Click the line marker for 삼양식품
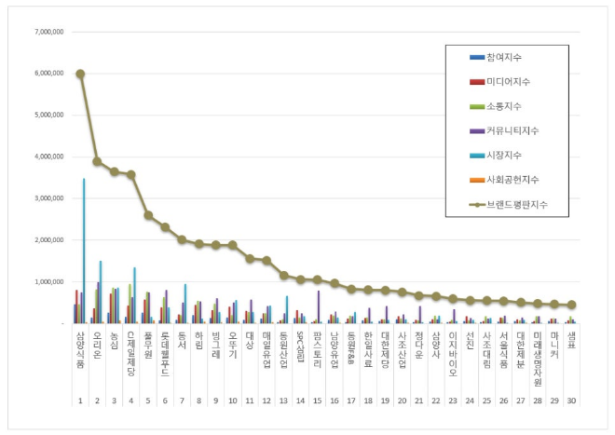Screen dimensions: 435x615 80,74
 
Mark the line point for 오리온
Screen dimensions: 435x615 97,161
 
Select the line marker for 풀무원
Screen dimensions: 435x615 148,215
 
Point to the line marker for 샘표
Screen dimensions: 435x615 571,305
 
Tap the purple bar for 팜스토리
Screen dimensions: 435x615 319,306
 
